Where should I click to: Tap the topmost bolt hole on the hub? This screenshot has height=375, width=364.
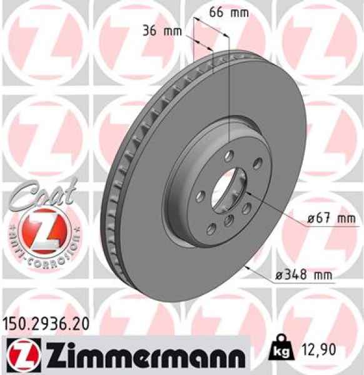click(x=229, y=156)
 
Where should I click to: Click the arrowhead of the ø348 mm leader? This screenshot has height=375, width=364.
click(x=248, y=266)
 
